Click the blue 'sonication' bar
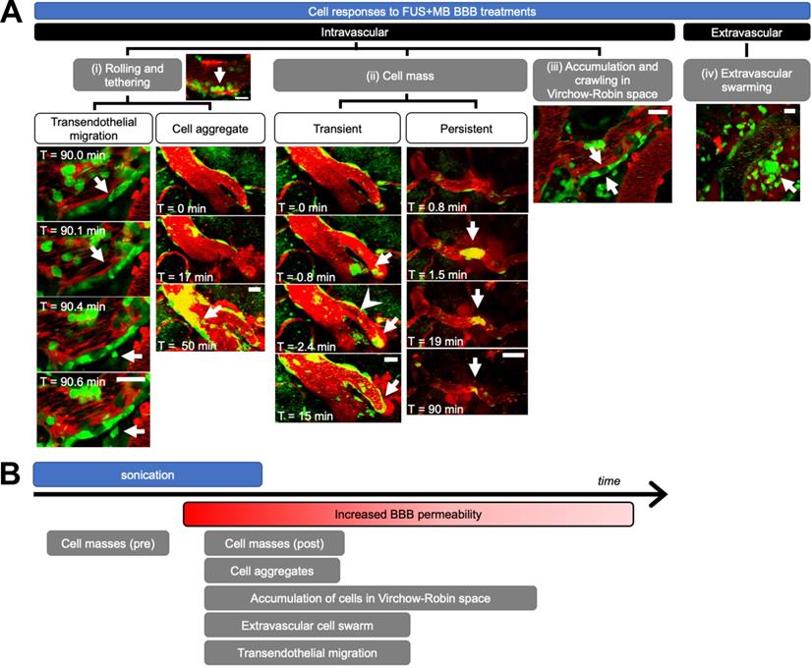[x=147, y=474]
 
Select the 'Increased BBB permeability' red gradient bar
[x=408, y=515]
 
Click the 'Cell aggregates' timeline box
[x=271, y=570]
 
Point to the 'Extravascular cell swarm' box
[x=307, y=626]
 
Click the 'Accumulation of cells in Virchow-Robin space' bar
[x=371, y=597]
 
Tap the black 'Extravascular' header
[x=746, y=32]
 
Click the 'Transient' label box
[x=337, y=127]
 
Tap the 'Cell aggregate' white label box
[x=209, y=127]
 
